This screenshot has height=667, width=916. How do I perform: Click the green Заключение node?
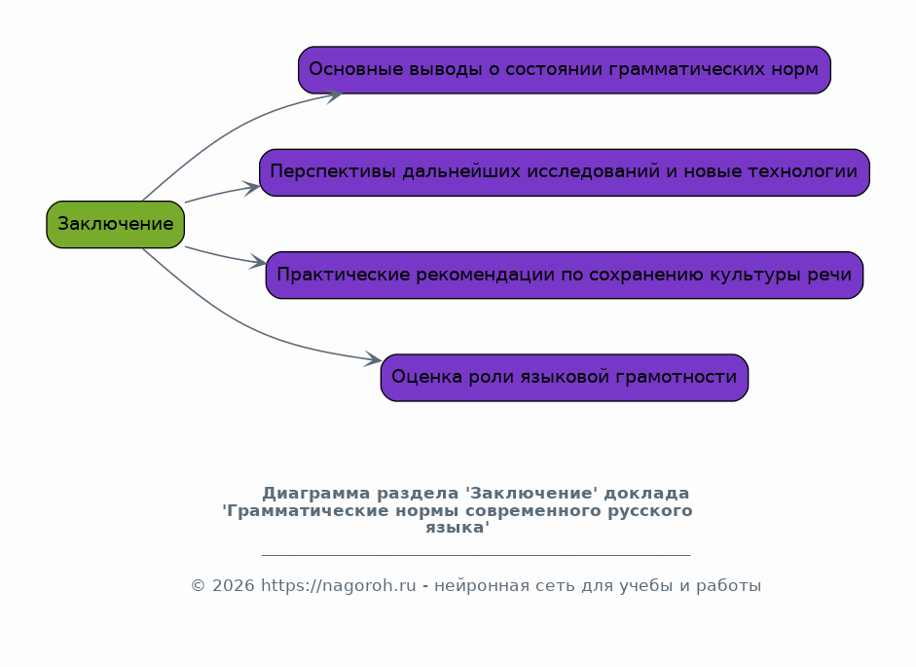[x=115, y=224]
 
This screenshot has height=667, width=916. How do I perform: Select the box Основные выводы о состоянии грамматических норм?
[x=564, y=70]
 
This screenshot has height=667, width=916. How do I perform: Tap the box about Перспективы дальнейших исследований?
[x=564, y=172]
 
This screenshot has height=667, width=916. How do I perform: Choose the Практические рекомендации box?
[x=564, y=275]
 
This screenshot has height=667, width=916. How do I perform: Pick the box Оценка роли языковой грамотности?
[x=564, y=378]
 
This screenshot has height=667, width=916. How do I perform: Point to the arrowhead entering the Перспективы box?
[x=253, y=187]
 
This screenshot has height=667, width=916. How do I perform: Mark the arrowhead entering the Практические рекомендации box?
[x=259, y=262]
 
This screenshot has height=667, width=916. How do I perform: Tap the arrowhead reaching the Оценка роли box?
[x=373, y=360]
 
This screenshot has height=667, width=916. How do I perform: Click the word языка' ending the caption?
[x=458, y=528]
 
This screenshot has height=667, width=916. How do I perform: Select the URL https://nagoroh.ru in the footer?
[x=338, y=586]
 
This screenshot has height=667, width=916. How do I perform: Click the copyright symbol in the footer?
[x=198, y=586]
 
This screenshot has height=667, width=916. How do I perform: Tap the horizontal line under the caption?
[x=476, y=555]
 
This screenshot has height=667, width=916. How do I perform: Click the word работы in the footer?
[x=733, y=586]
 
